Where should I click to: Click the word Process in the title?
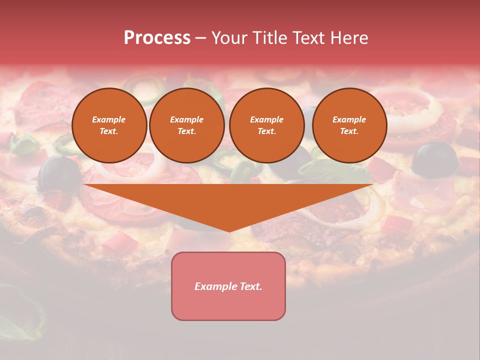(157, 38)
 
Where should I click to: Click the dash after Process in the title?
(200, 39)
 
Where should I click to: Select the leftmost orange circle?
(109, 125)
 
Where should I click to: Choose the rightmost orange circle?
(349, 125)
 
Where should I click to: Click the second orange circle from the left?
(186, 125)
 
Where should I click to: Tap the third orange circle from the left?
(266, 125)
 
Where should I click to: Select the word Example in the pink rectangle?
(215, 286)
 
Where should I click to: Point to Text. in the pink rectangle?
(250, 286)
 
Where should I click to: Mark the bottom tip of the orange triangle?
(229, 230)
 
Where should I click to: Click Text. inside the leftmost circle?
(109, 131)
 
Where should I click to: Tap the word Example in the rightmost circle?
(349, 119)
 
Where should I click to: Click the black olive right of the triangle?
(435, 159)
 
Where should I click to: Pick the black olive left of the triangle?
(58, 172)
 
